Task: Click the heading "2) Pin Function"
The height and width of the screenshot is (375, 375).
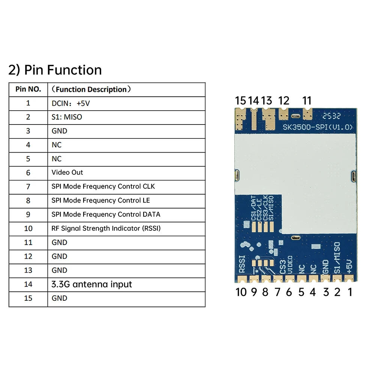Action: coord(55,70)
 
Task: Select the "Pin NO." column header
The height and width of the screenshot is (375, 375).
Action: coord(28,89)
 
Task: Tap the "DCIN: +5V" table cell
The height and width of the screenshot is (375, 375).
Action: coord(71,103)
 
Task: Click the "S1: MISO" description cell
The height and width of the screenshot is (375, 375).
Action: coord(67,117)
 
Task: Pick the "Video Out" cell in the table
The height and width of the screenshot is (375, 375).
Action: coord(67,172)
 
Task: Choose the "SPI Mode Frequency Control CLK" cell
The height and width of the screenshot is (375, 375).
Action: coord(103,186)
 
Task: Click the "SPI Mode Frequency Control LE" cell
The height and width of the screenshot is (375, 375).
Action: coord(100,200)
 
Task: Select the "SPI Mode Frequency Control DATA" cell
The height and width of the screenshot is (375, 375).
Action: coord(106,214)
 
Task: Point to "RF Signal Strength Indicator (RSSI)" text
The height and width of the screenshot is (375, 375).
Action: coord(106,228)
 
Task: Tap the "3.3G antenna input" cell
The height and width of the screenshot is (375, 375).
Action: coord(91,284)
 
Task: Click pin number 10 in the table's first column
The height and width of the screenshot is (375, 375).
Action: coord(28,228)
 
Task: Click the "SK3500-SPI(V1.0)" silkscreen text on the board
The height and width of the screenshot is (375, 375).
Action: coord(318,127)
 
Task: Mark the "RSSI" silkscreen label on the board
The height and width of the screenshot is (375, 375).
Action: coord(242,264)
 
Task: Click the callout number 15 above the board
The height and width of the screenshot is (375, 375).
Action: coord(241,100)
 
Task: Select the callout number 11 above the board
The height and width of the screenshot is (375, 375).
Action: coord(307,100)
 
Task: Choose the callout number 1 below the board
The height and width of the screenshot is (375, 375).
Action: coord(350,292)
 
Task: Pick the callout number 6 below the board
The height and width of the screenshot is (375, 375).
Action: coord(289,292)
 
